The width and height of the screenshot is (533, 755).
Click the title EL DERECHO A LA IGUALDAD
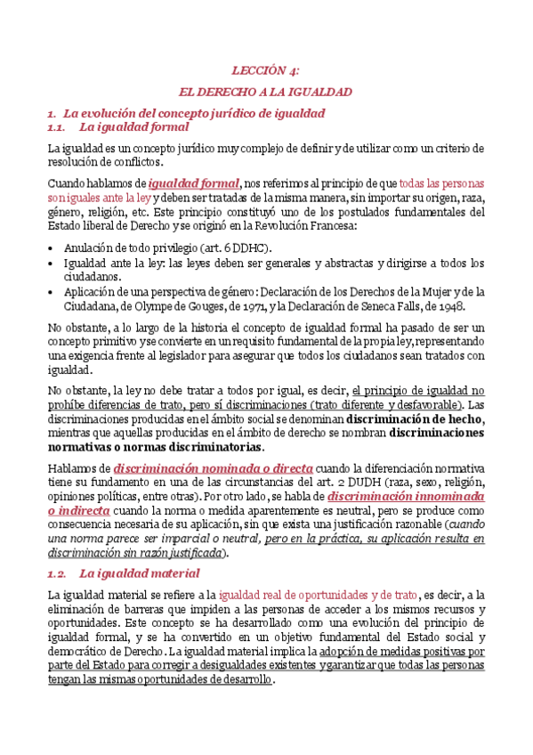pyautogui.click(x=266, y=92)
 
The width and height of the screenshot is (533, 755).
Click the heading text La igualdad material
pyautogui.click(x=139, y=548)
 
